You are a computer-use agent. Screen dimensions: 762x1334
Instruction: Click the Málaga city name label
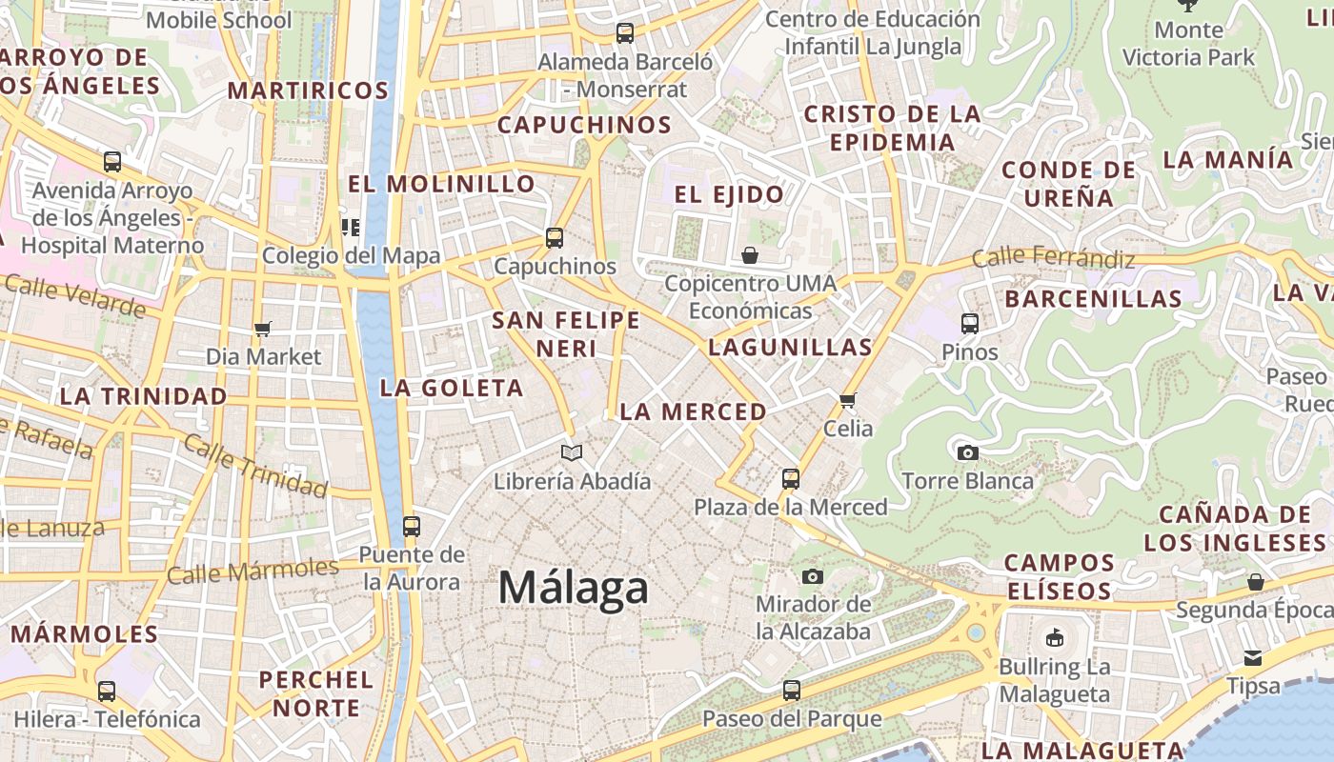pos(573,588)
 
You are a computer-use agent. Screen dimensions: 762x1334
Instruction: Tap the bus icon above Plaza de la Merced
pos(791,478)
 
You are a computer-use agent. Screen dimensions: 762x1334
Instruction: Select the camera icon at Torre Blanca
pos(968,452)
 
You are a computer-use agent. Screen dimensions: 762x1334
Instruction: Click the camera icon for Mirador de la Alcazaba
pos(813,576)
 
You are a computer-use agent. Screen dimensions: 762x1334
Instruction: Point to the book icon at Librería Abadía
pos(572,452)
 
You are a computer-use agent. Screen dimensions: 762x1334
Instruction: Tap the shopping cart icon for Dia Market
pos(263,329)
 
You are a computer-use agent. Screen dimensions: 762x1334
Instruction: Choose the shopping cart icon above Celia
pos(848,400)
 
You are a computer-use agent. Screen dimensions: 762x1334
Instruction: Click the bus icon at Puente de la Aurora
pos(412,526)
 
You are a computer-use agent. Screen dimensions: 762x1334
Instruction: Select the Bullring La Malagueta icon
pos(1054,638)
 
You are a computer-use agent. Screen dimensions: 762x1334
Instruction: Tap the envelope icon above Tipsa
pos(1253,657)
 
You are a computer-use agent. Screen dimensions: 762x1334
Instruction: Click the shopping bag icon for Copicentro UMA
pos(750,255)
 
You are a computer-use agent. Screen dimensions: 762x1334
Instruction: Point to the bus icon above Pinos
pos(970,324)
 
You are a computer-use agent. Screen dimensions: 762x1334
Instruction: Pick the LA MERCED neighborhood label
pos(693,411)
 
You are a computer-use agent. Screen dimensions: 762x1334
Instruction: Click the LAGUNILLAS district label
pos(790,348)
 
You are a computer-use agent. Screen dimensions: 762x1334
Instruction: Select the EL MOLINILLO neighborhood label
pos(441,184)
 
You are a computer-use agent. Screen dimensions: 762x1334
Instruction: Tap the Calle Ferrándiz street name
pos(1053,258)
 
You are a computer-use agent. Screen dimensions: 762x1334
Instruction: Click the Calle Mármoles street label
pos(253,571)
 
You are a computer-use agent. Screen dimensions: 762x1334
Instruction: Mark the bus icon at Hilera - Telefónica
pos(107,691)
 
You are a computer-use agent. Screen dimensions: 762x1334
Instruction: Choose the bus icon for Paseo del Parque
pos(792,690)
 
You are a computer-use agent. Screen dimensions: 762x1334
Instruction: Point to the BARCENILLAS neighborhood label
pos(1093,298)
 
